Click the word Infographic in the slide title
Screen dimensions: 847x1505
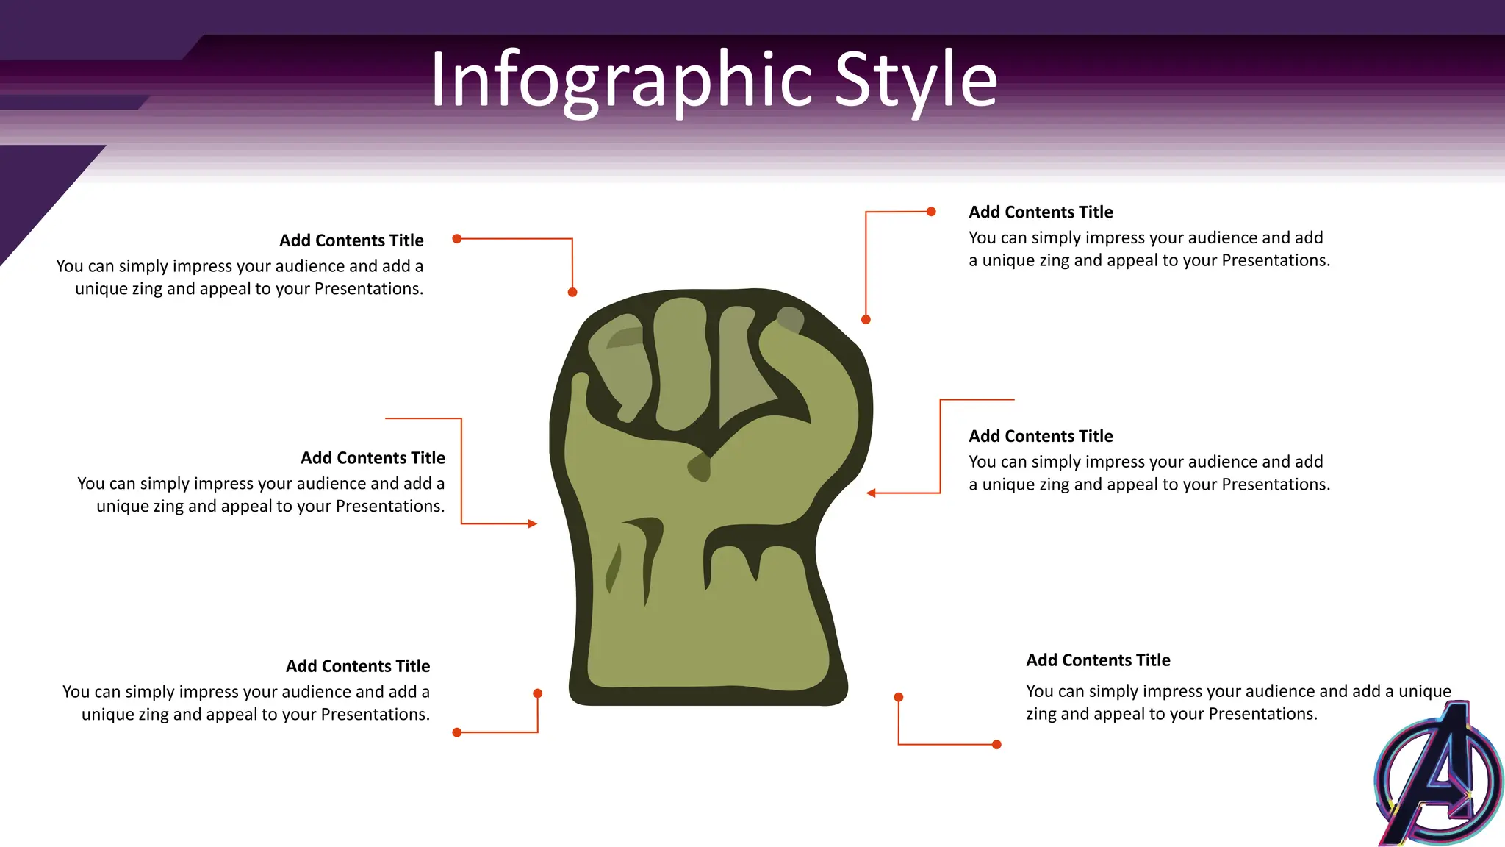(x=621, y=79)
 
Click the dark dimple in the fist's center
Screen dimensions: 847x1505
(x=700, y=467)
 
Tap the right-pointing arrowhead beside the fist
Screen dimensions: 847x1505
(x=533, y=523)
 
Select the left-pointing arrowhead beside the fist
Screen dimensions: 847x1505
(x=871, y=493)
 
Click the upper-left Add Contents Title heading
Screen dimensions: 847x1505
(x=351, y=240)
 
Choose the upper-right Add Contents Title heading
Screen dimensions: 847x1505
(x=1041, y=212)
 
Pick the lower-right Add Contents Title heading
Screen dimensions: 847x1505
(x=1098, y=660)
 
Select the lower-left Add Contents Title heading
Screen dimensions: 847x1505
(x=358, y=666)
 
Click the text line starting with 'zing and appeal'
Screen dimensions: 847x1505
(x=1171, y=714)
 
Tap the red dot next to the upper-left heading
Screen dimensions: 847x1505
(x=457, y=238)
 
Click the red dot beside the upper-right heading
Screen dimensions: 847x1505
(x=931, y=212)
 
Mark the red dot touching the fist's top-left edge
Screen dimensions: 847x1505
(x=572, y=292)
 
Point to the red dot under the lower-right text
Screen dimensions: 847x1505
(x=996, y=744)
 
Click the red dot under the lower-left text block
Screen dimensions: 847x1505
(x=457, y=732)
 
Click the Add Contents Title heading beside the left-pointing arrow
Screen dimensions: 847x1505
(x=1041, y=436)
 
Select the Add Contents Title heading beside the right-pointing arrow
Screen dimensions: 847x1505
(x=373, y=458)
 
